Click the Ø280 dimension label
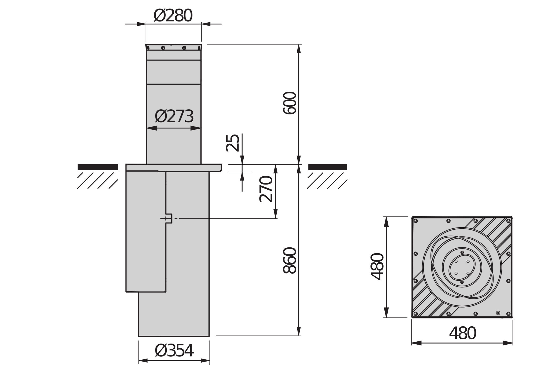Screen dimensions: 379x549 click(x=173, y=16)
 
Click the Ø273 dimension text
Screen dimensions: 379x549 click(x=174, y=116)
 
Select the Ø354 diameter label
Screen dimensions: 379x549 click(x=174, y=351)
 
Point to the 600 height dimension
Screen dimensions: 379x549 click(x=290, y=103)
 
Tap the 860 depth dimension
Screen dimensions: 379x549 click(x=290, y=260)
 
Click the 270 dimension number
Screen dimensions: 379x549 click(x=266, y=189)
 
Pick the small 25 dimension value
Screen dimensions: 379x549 click(x=232, y=143)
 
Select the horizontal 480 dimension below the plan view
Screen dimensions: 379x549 click(x=462, y=333)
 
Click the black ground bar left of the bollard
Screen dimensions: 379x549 click(x=98, y=167)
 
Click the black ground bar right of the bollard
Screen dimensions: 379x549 click(x=328, y=167)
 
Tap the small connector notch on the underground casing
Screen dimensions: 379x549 click(x=169, y=218)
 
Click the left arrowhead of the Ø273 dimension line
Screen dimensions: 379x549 click(x=152, y=128)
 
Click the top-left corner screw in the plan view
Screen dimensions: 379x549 click(x=416, y=221)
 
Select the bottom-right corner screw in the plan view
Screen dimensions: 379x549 click(x=508, y=314)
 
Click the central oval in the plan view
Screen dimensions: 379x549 click(x=462, y=267)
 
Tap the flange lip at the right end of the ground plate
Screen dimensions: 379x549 click(x=220, y=168)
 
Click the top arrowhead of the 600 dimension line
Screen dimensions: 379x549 click(x=299, y=49)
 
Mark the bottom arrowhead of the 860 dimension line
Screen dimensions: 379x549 click(x=299, y=331)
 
